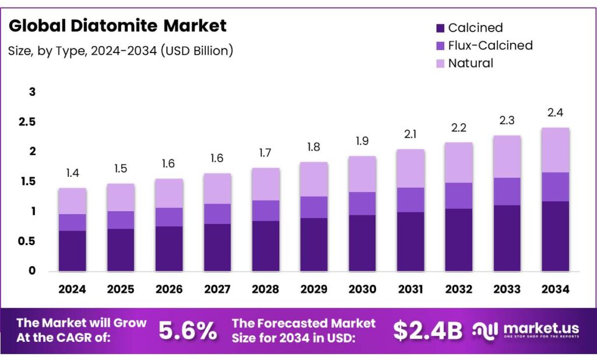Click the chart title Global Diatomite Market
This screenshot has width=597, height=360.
click(117, 26)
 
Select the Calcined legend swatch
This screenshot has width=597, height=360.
click(440, 27)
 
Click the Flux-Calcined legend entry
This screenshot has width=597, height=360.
click(490, 45)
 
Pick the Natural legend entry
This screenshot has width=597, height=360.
click(470, 63)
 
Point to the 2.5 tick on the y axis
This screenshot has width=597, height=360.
click(28, 122)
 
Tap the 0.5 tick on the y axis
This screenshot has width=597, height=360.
click(28, 241)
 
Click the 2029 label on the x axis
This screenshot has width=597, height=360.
click(314, 289)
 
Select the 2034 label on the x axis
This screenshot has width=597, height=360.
click(555, 289)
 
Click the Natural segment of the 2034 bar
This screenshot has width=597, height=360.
click(555, 150)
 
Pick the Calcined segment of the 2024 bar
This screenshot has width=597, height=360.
click(72, 251)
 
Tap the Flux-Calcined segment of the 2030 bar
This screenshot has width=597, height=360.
click(361, 204)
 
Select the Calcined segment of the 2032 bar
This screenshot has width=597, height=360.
click(458, 240)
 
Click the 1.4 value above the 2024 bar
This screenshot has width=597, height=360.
click(72, 173)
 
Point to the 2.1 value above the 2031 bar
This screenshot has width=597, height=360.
click(410, 134)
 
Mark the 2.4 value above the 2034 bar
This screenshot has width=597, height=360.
click(555, 113)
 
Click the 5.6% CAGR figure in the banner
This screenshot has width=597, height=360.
click(188, 331)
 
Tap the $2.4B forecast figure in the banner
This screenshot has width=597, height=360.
click(427, 331)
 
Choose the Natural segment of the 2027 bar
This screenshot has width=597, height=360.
click(217, 188)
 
